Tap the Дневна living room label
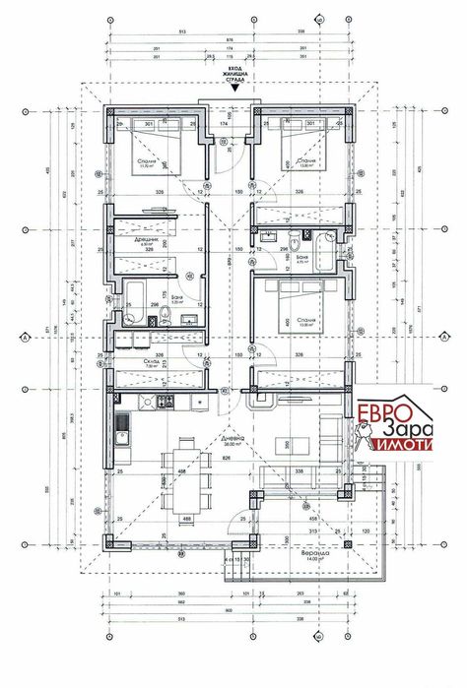[229, 442]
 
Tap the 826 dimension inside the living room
[229, 459]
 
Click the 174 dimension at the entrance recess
[224, 125]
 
